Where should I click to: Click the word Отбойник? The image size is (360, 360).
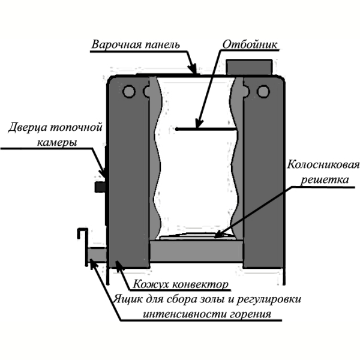250,44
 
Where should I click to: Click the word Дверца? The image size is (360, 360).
28,127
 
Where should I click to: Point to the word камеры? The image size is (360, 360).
57,143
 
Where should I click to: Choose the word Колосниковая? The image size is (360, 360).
323,164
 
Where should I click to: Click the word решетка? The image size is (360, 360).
325,179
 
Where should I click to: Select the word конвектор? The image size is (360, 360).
200,284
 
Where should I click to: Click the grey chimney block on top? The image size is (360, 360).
249,67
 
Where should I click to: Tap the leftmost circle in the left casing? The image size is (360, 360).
128,91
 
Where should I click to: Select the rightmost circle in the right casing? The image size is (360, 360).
263,91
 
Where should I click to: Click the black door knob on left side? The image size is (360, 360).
100,187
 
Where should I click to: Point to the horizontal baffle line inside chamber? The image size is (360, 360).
206,129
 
